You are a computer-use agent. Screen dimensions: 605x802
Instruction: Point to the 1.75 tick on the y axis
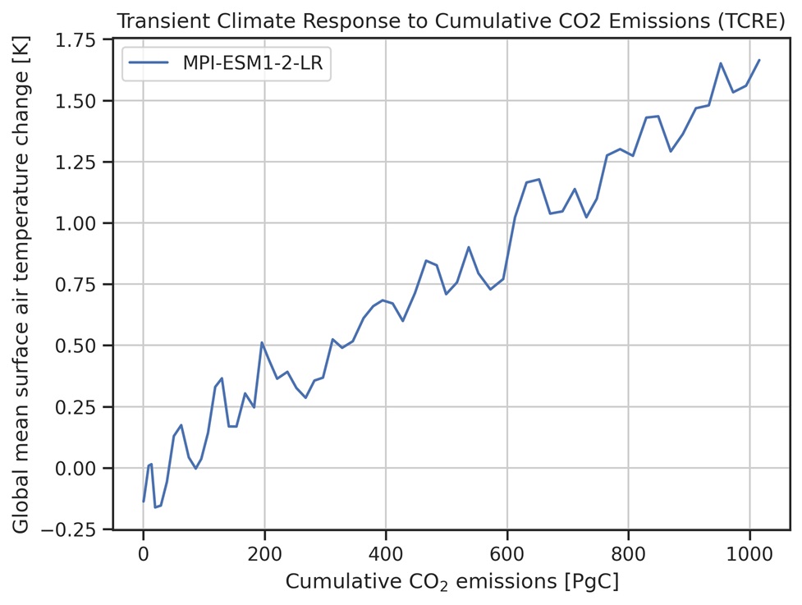click(x=81, y=39)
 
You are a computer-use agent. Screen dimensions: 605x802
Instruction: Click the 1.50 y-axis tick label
click(x=81, y=101)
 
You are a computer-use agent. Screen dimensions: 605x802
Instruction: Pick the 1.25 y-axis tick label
click(x=81, y=163)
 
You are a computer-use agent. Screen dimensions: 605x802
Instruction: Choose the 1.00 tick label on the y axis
click(x=81, y=223)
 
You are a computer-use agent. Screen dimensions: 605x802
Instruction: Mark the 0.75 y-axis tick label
click(x=81, y=285)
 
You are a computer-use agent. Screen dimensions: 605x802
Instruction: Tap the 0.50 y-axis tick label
click(x=81, y=346)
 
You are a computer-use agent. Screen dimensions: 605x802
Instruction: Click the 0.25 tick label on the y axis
click(x=81, y=407)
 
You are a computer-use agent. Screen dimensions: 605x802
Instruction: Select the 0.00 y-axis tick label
click(x=81, y=468)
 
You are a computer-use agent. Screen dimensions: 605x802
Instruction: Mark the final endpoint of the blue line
click(x=759, y=60)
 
